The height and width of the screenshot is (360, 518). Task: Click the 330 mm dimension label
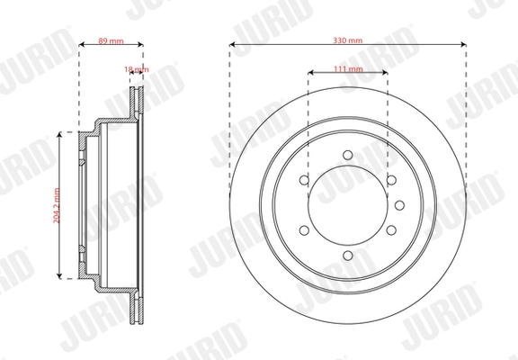[347, 41]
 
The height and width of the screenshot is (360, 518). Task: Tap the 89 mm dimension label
[110, 41]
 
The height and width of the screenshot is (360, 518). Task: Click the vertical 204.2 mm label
[55, 204]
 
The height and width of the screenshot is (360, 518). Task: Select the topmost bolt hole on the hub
[347, 155]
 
